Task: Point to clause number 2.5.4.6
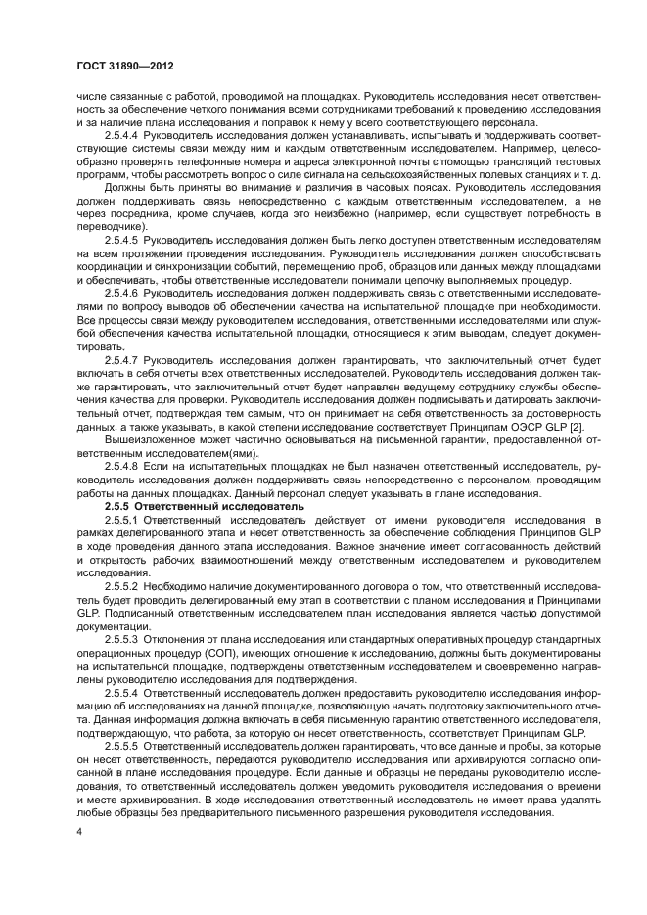point(123,292)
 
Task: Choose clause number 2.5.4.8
point(123,466)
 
